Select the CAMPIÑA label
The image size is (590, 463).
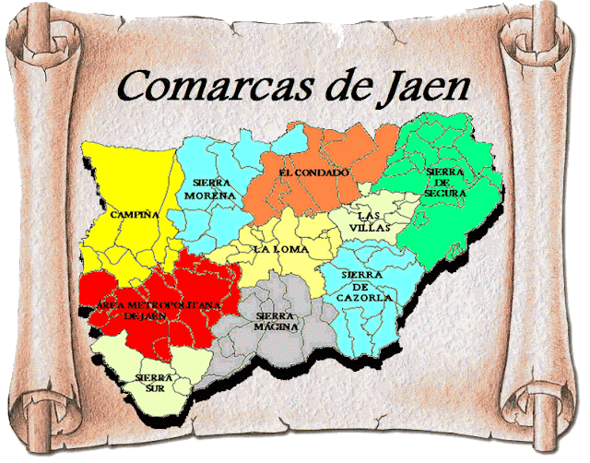[135, 214]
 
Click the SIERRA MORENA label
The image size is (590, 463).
[211, 188]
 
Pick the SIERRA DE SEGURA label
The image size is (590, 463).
[446, 183]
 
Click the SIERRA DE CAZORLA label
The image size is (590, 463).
[366, 286]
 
